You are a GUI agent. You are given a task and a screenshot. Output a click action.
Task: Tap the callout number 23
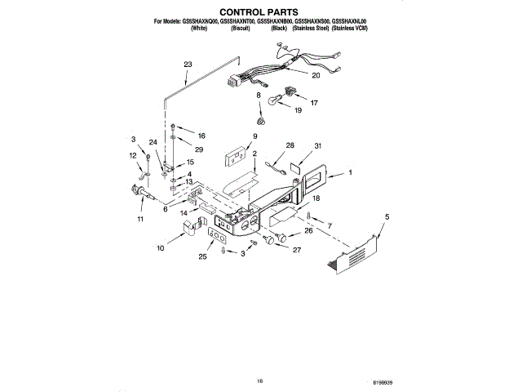point(188,65)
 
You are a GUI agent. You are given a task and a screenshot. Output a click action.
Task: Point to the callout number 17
point(313,104)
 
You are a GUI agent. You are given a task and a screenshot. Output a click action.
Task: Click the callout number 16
point(202,135)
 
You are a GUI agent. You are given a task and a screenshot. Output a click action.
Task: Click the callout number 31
point(319,146)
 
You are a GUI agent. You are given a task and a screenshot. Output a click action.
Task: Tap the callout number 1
point(351,172)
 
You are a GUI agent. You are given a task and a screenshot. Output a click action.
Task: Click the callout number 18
point(316,198)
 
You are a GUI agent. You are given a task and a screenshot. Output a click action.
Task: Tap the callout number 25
point(203,257)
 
